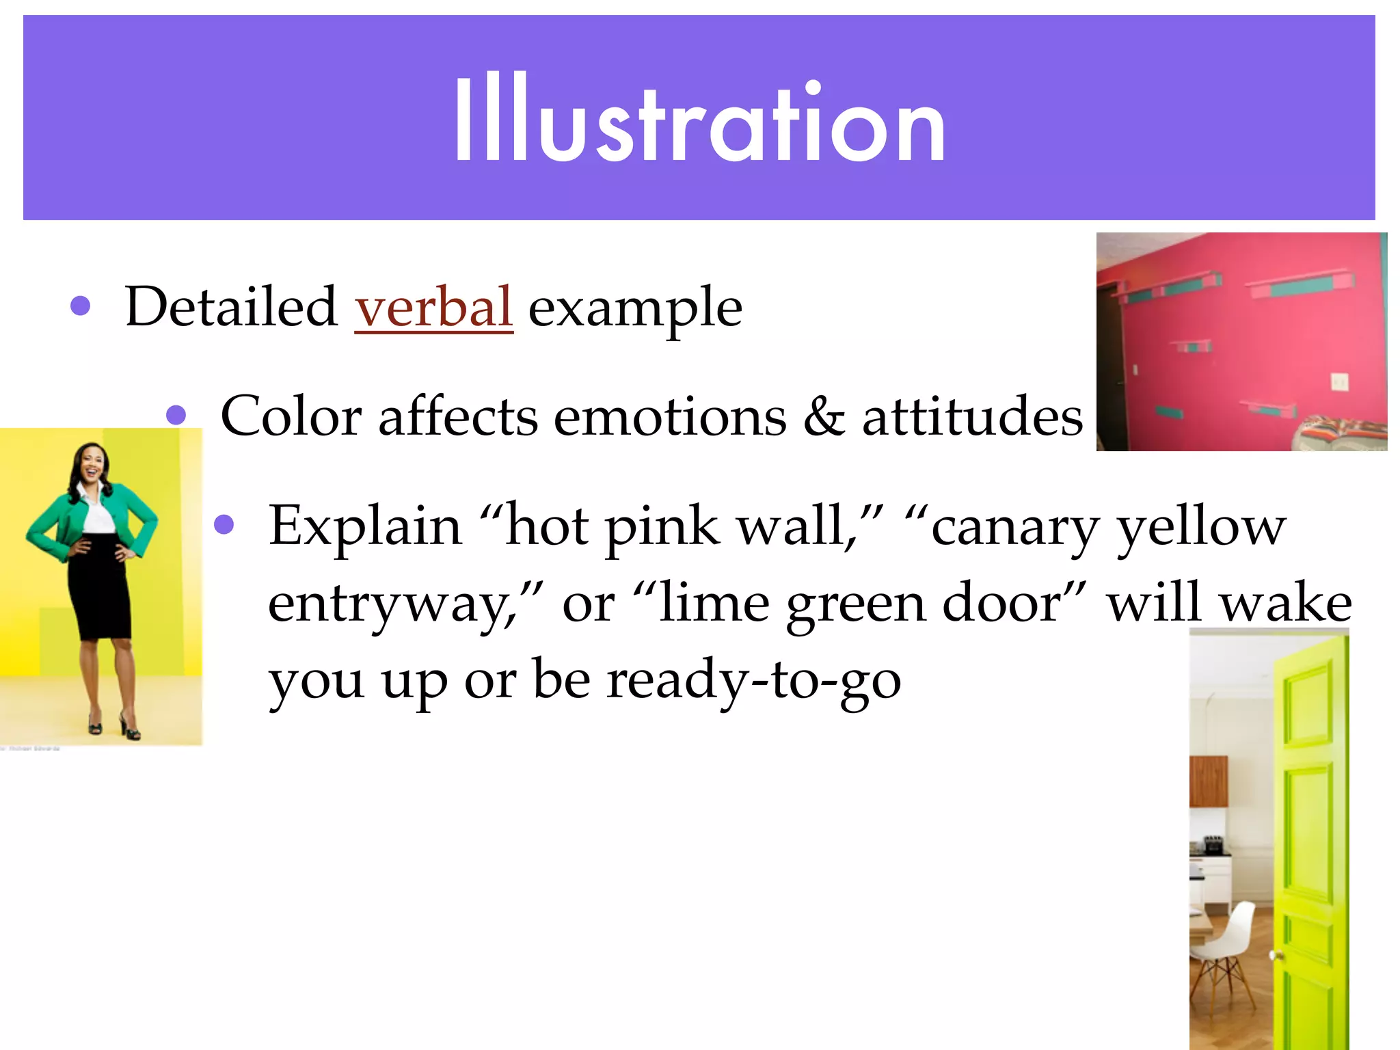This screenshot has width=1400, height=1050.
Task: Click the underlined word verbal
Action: point(433,307)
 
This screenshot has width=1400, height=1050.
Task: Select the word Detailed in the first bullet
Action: point(231,307)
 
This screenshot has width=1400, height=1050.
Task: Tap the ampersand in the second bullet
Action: point(824,416)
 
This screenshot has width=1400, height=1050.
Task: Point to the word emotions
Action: point(670,416)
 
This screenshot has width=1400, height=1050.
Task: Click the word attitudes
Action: point(972,416)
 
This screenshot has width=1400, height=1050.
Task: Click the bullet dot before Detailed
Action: point(81,306)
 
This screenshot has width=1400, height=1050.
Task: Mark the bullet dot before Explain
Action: point(224,525)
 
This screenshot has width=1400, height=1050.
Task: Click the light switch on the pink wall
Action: point(1340,382)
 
